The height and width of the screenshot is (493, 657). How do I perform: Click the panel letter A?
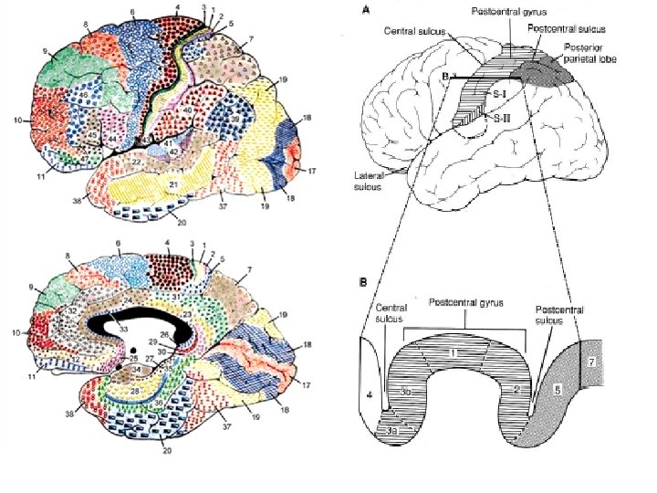368,10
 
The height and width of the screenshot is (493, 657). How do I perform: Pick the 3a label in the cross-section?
394,425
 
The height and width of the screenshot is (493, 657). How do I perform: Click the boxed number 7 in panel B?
591,362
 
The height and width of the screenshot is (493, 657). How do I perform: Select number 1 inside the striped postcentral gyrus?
453,352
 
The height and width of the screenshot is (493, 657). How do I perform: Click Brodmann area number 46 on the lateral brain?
84,95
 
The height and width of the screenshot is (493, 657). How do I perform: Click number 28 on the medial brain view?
135,391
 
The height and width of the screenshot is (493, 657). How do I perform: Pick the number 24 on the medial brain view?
128,300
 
